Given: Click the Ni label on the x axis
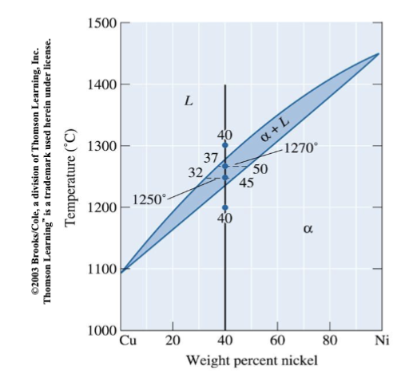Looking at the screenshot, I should [381, 342].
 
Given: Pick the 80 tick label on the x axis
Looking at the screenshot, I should [329, 342].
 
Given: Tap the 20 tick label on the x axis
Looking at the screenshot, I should [173, 342].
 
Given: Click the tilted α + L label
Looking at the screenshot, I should [274, 128].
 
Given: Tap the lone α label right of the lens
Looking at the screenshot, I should [308, 230].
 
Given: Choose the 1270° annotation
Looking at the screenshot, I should [300, 148].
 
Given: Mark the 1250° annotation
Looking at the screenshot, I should [148, 199].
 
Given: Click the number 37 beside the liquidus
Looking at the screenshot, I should [211, 157].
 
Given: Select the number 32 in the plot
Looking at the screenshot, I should [196, 172].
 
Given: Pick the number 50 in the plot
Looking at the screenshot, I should [260, 168].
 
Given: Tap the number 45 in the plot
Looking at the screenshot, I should [247, 183].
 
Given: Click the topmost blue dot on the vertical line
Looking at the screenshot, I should [225, 145].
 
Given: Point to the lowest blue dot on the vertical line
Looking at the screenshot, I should [225, 207].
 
